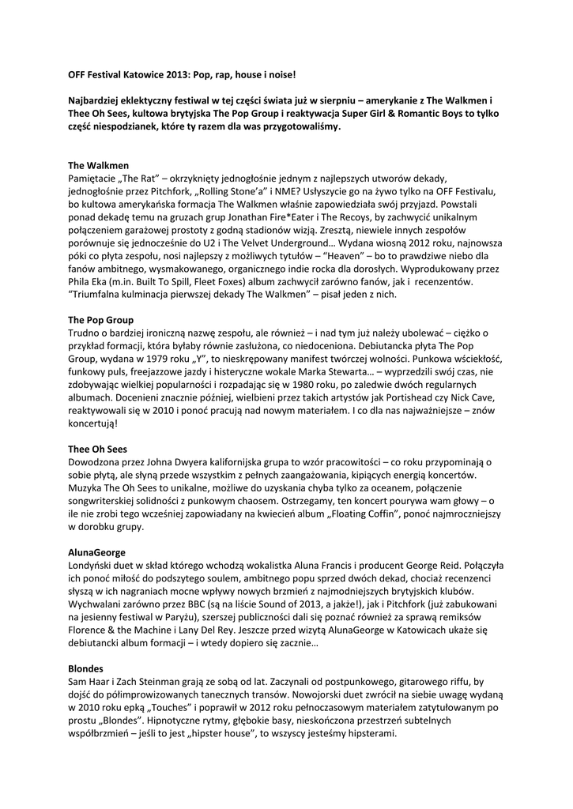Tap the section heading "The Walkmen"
tap(98, 166)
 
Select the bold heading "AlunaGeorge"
tap(97, 551)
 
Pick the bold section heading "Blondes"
tap(85, 668)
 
